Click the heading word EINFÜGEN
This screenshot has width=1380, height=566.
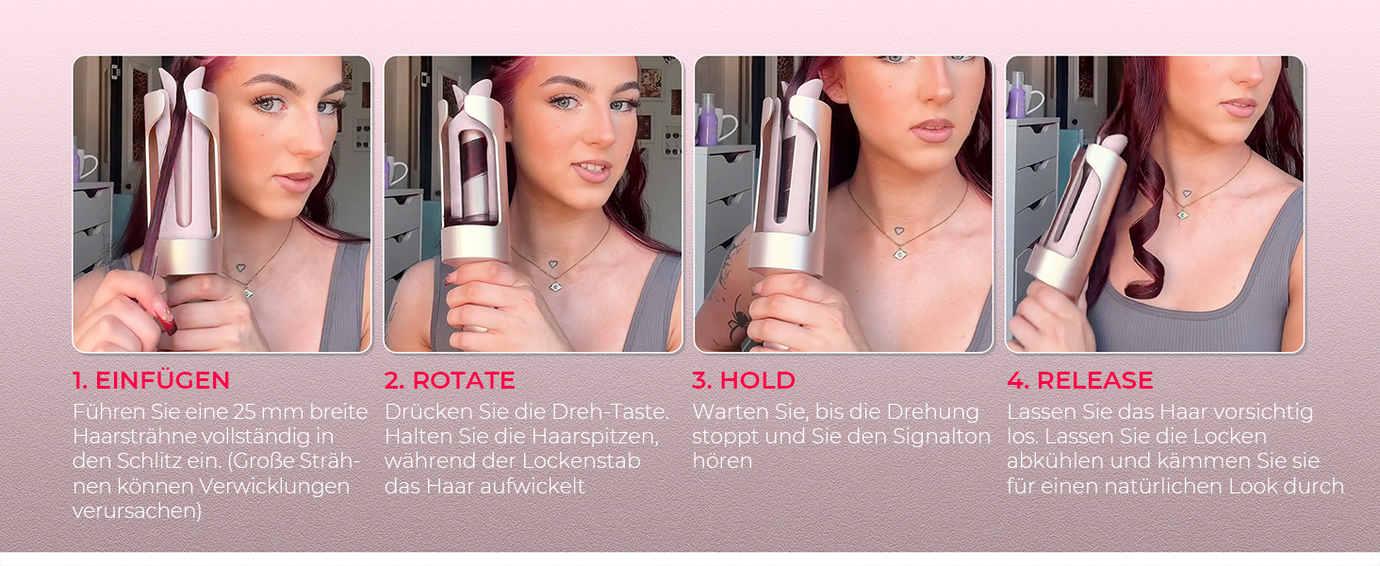tap(163, 380)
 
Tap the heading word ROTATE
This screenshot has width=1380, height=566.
tap(464, 380)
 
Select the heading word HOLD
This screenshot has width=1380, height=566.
tap(757, 380)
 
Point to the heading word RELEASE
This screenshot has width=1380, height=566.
tap(1094, 380)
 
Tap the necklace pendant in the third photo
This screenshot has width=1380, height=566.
tap(899, 252)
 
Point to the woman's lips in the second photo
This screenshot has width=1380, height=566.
tap(590, 170)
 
